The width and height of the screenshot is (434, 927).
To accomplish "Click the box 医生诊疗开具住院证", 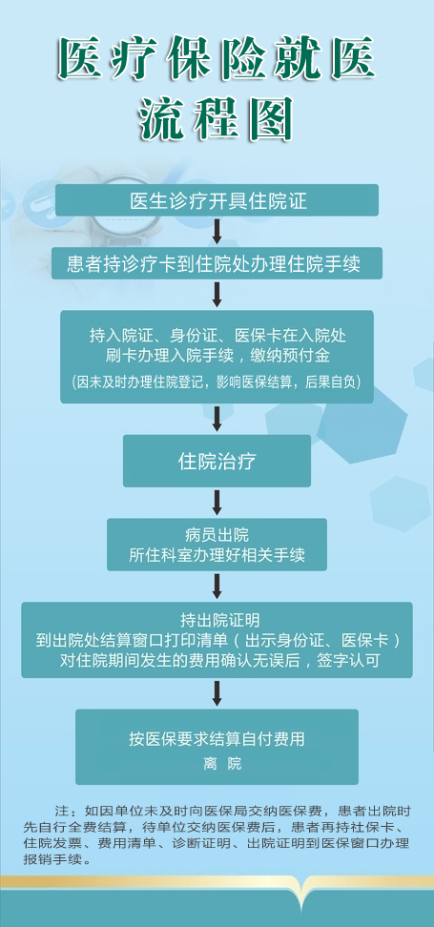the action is click(x=217, y=200).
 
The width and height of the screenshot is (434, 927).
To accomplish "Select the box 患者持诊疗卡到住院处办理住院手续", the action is click(x=217, y=263).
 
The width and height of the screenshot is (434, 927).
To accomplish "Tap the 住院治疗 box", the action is click(x=217, y=462).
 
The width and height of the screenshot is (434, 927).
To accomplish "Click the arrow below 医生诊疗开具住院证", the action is click(x=217, y=231).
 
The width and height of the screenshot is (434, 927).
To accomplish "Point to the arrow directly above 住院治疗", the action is click(x=217, y=419).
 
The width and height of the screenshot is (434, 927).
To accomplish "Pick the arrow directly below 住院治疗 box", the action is click(x=217, y=503).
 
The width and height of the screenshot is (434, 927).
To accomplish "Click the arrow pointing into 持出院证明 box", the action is click(x=217, y=587).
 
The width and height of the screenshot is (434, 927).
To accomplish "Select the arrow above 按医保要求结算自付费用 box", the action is click(x=217, y=693).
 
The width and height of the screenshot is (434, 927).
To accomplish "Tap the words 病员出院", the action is click(x=217, y=536).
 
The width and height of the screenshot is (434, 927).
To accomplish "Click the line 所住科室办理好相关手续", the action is click(x=217, y=555).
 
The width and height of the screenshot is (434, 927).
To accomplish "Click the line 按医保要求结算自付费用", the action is click(x=217, y=738).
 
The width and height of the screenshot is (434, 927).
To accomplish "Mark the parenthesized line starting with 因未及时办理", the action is click(x=217, y=381).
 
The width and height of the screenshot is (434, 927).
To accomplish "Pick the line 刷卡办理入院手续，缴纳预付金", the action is click(x=217, y=356).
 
